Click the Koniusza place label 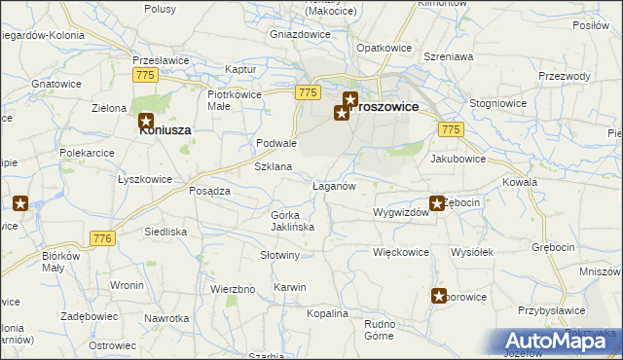click(165, 129)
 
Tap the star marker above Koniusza click(146, 122)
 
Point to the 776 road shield click(102, 238)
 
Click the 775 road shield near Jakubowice click(450, 129)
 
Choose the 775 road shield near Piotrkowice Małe click(307, 92)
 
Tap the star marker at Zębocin click(439, 204)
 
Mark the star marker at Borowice click(440, 297)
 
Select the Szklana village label click(274, 167)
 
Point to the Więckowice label click(401, 252)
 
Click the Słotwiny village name click(280, 255)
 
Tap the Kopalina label click(327, 313)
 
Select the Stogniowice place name click(498, 101)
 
